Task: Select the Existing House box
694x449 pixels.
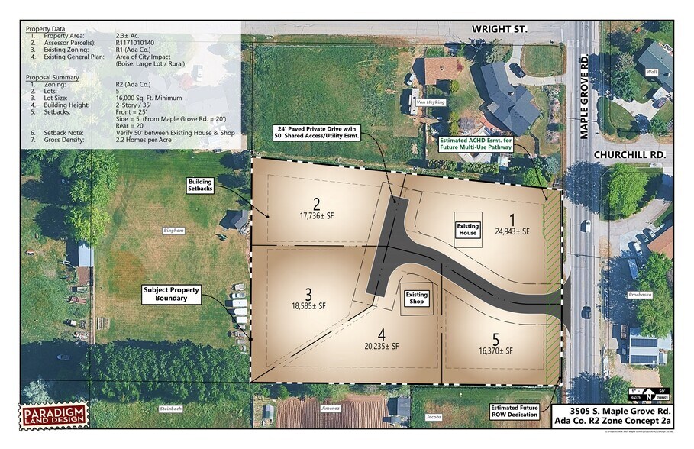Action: (467, 229)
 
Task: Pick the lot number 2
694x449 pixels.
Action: (315, 203)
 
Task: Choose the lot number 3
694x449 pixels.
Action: (308, 293)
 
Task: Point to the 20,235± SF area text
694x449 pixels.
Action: (382, 345)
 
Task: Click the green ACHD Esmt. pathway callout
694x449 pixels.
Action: (489, 144)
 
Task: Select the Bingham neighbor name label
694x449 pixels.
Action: (174, 230)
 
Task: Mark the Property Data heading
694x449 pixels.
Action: (45, 29)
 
